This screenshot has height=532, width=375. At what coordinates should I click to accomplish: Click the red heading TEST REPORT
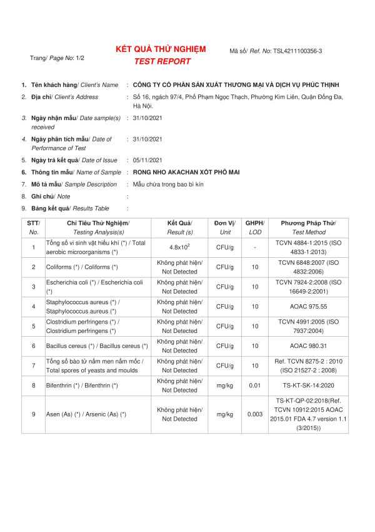162,61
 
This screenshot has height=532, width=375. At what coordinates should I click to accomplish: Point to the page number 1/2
80,58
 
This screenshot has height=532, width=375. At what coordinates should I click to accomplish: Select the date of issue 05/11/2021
147,160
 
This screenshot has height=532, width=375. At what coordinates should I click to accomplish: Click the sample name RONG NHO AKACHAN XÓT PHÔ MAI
177,172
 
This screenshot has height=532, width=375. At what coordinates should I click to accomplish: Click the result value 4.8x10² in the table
179,247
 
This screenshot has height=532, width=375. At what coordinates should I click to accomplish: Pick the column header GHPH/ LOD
254,227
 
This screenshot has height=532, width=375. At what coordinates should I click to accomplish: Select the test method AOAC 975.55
308,307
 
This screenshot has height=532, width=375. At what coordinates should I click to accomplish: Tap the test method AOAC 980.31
308,346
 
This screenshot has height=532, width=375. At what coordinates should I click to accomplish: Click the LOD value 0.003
254,414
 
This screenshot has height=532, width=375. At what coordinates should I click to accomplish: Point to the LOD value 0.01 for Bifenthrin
254,386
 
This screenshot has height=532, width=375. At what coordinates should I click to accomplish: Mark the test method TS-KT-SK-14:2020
308,386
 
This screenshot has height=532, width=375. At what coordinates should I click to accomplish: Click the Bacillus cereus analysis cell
97,346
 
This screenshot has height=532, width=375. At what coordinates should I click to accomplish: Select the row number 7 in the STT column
33,366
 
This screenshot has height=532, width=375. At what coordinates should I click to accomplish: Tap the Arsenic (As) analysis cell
86,414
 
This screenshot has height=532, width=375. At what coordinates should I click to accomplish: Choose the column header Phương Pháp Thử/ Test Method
308,227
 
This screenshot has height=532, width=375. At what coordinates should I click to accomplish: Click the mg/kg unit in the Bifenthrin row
224,386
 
